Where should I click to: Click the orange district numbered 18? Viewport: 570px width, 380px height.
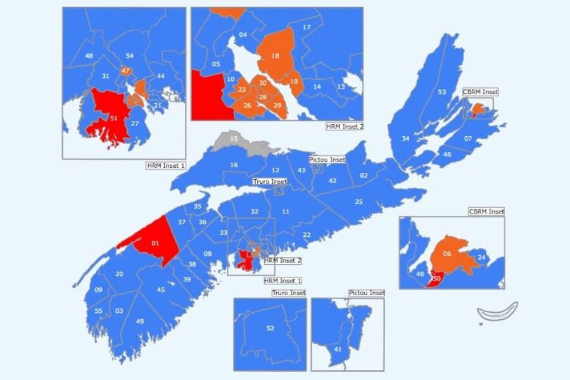pos(275,56)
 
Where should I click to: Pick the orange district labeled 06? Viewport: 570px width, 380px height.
pos(448,254)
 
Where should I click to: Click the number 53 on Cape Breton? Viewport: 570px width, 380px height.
pos(442,92)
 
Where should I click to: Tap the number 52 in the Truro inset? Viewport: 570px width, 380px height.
pos(270,328)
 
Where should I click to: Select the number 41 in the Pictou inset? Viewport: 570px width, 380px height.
pos(338,349)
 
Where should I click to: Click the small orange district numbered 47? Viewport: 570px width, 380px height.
pos(125,70)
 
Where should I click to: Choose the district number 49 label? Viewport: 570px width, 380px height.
pos(139,321)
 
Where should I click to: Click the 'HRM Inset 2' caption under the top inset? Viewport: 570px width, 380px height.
pos(344,127)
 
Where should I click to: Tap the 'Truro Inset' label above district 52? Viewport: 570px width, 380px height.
pos(288,293)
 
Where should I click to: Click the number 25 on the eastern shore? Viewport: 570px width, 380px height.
pos(358,202)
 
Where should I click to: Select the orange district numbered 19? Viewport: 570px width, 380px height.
pos(294,81)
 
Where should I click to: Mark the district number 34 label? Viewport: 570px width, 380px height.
pos(405,138)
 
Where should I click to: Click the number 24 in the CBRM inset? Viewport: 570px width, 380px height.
pos(481,257)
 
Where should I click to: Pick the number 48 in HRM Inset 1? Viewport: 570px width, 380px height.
pos(89,56)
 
